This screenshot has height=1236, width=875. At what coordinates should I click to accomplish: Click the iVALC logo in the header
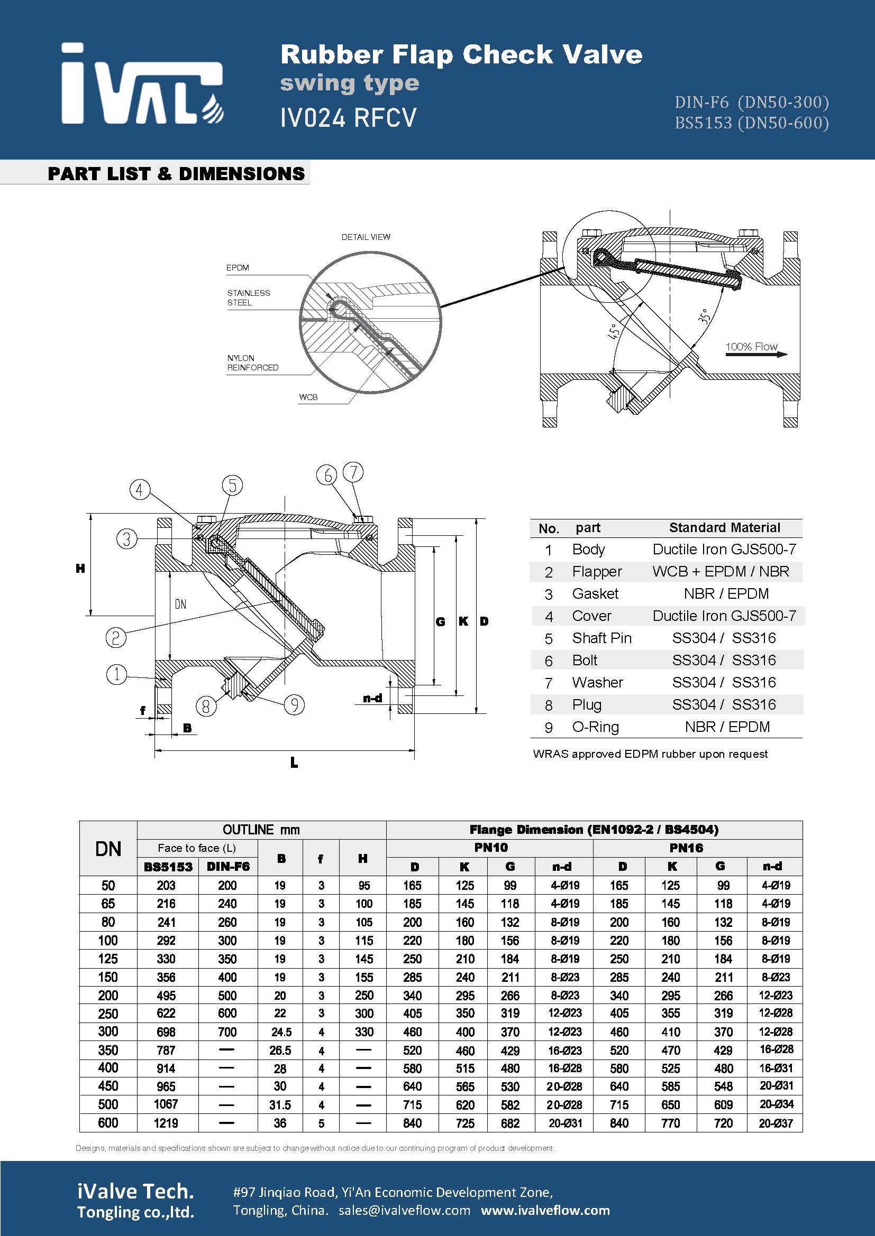coord(142,84)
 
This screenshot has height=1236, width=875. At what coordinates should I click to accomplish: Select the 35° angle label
coord(704,316)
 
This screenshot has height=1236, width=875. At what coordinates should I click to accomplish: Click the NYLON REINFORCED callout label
coord(252,363)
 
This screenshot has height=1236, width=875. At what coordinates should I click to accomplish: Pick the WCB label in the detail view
coord(308,397)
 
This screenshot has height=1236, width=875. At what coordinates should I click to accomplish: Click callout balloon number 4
coord(140,490)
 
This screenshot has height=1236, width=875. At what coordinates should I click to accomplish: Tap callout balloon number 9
coord(294,705)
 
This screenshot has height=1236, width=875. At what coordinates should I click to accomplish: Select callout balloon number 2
coord(115,638)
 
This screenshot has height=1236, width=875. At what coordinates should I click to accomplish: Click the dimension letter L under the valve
coord(294,763)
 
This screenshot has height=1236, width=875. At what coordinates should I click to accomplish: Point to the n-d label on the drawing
coord(372,698)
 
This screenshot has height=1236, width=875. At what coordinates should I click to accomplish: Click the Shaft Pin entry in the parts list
coord(601,638)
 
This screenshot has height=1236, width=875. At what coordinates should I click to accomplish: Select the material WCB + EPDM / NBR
coord(721,571)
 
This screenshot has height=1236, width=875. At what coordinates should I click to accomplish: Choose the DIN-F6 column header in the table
coord(228,867)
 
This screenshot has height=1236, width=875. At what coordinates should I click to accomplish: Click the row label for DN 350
coord(108,1050)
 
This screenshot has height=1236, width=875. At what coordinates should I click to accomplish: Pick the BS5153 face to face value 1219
coord(166,1123)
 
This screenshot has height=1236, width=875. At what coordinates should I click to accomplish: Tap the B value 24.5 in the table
coord(281,1032)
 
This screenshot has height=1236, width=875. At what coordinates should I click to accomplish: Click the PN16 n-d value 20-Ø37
coord(776,1123)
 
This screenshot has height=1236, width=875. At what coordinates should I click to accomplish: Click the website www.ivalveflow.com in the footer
coord(545,1211)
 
